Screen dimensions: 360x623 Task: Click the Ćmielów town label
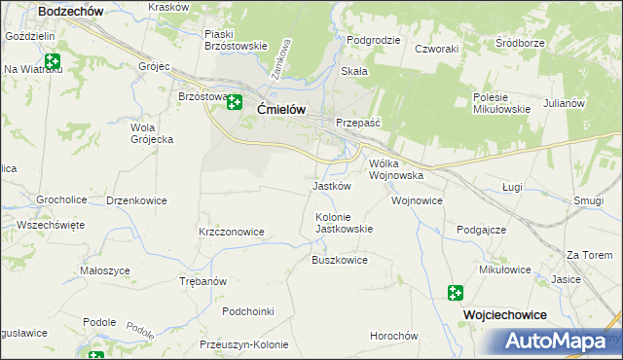coord(282,110)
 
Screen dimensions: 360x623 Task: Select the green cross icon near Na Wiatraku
coord(52,61)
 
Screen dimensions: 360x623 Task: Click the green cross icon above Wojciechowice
coord(456,292)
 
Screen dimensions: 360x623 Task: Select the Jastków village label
coord(331,186)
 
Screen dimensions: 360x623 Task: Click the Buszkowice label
coord(339,261)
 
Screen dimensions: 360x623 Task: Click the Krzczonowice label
coord(232,233)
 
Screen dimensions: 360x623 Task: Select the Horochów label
coord(393,336)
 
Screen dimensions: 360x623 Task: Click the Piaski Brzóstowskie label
coord(236,40)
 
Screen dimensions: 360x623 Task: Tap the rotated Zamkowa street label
coord(280,58)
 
